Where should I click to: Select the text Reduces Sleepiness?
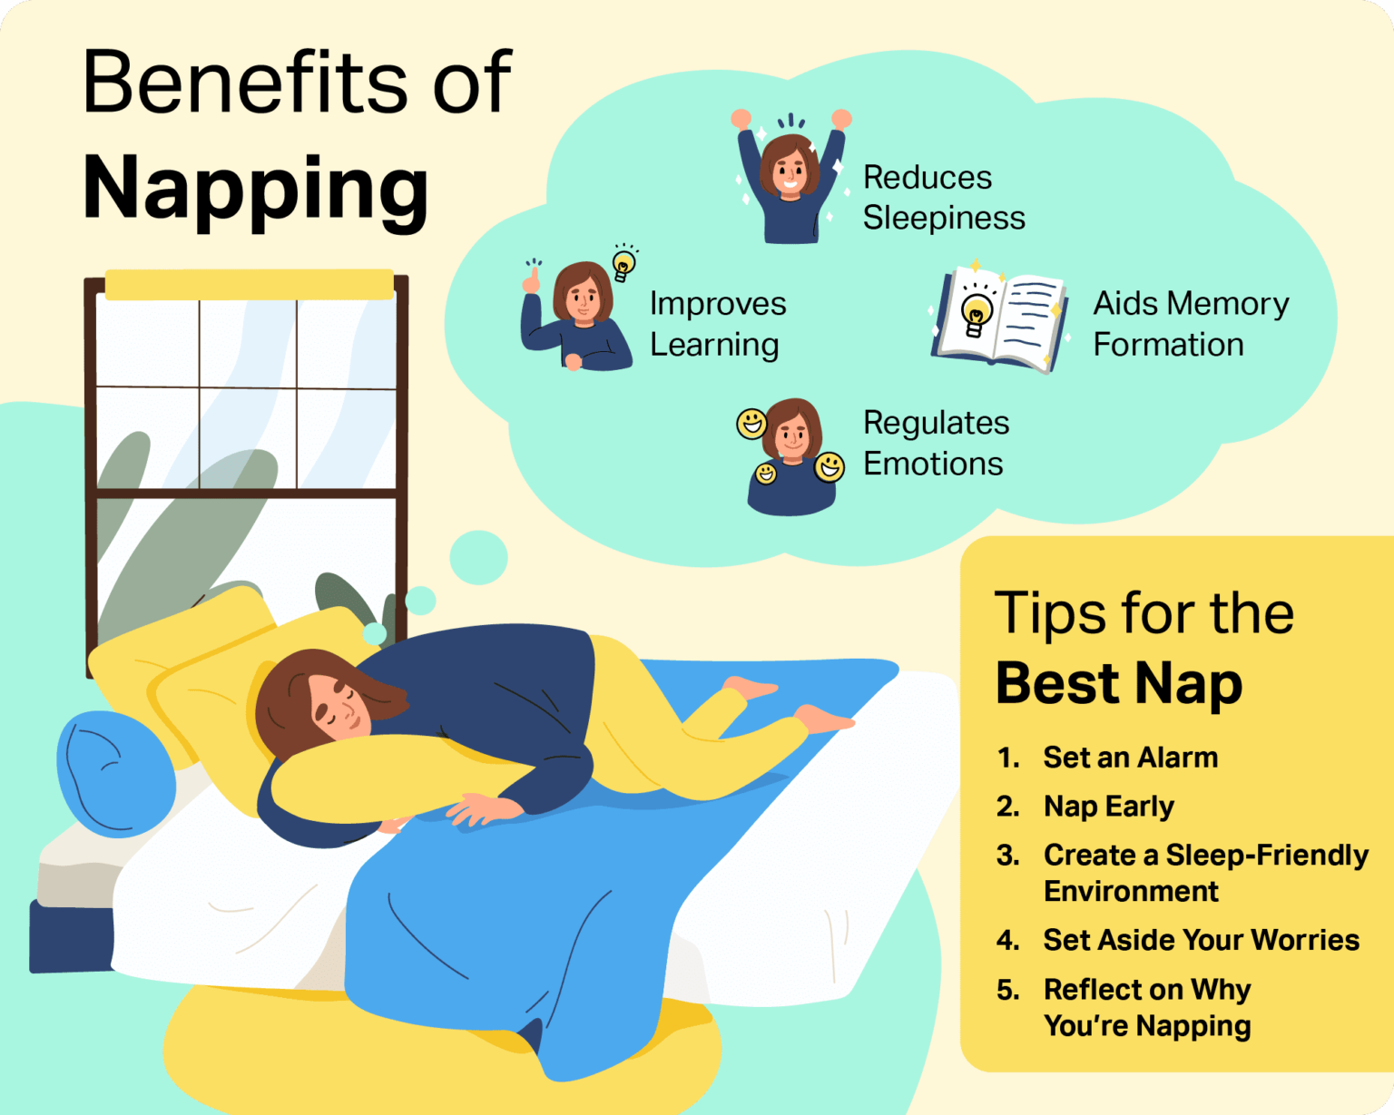pyautogui.click(x=943, y=198)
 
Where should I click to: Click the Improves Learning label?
pyautogui.click(x=717, y=324)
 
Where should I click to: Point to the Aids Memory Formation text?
pyautogui.click(x=1190, y=324)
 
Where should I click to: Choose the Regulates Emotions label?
pyautogui.click(x=935, y=443)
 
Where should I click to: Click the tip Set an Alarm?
pyautogui.click(x=1130, y=758)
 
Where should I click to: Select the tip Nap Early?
pyautogui.click(x=1108, y=807)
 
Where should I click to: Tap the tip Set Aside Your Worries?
pyautogui.click(x=1201, y=940)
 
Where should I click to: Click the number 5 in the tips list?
pyautogui.click(x=1006, y=990)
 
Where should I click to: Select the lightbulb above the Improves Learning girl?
pyautogui.click(x=623, y=264)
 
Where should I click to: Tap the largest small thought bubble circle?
pyautogui.click(x=478, y=557)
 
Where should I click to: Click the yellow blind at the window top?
pyautogui.click(x=250, y=284)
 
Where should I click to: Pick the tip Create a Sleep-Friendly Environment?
pyautogui.click(x=1204, y=873)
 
